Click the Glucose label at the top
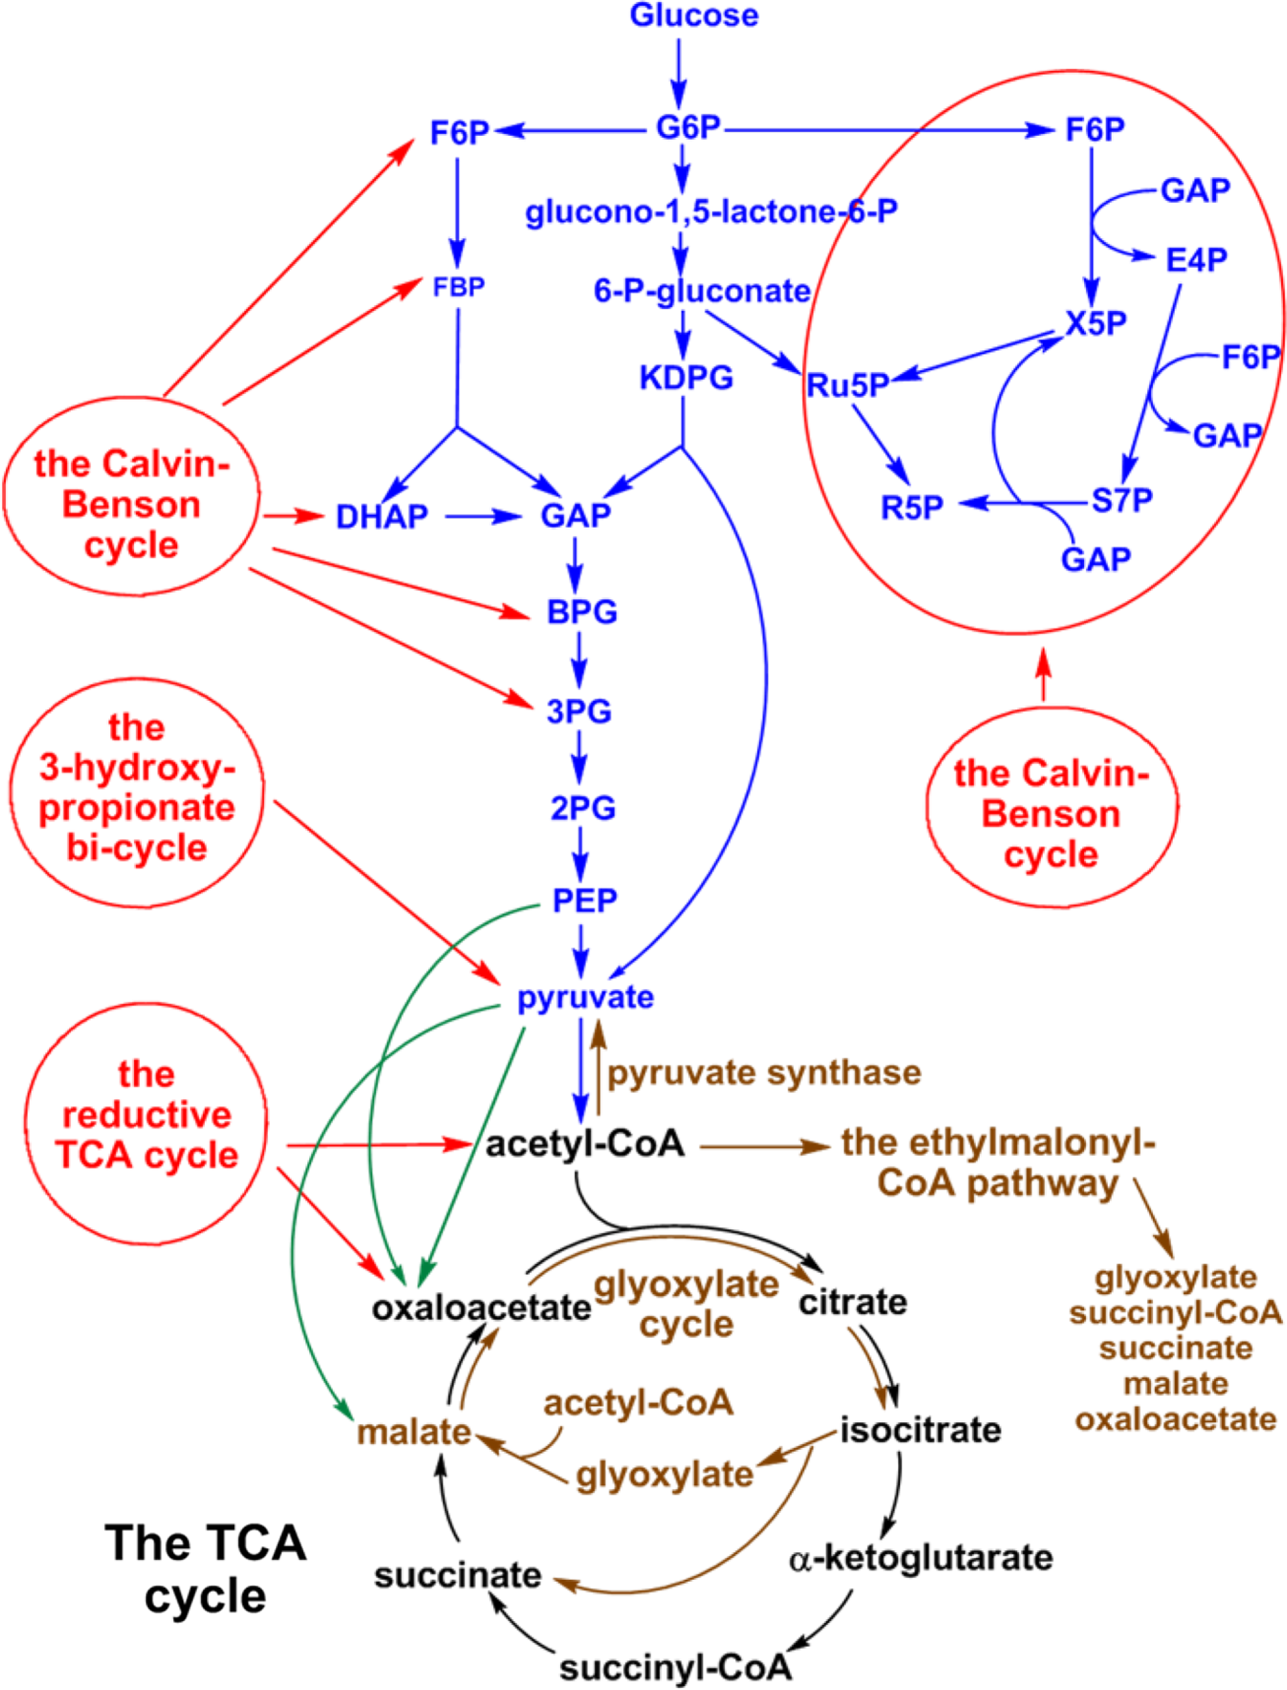point(694,16)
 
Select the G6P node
point(688,128)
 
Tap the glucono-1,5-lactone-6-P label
point(711,212)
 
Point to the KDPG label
point(686,377)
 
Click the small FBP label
point(459,287)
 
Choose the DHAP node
point(381,517)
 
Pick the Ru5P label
point(847,385)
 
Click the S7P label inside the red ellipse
point(1121,501)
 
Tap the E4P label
point(1196,260)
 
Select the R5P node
point(911,508)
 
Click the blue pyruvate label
point(585,997)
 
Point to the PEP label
point(584,900)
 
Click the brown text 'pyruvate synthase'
point(764,1073)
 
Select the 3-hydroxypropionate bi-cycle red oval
point(137,792)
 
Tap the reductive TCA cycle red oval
point(146,1124)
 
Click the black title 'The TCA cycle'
point(206,1570)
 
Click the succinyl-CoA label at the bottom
point(675,1668)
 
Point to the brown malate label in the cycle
point(414,1432)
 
